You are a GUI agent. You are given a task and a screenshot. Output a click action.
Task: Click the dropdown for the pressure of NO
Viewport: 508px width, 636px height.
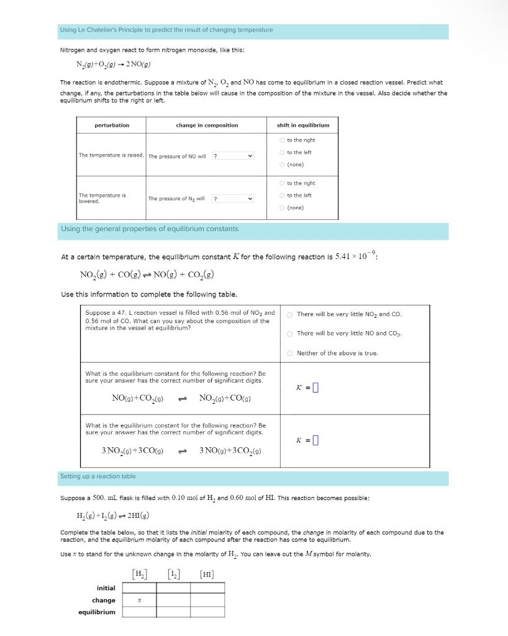click(x=233, y=155)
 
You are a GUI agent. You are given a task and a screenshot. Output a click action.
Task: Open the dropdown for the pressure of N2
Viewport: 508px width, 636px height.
click(x=233, y=199)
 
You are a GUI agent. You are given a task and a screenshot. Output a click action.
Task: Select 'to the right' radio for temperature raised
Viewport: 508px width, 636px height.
click(x=283, y=140)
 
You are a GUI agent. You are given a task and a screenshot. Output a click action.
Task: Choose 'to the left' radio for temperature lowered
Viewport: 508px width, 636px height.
click(x=283, y=196)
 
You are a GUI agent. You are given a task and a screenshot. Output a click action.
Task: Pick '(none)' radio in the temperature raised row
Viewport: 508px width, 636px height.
click(x=283, y=165)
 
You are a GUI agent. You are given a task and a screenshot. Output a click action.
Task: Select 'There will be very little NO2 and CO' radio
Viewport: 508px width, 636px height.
click(x=289, y=314)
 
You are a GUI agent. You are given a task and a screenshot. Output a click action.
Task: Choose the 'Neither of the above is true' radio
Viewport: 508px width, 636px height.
click(x=289, y=353)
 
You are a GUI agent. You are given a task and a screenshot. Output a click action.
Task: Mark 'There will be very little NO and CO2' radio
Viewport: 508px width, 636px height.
click(x=289, y=334)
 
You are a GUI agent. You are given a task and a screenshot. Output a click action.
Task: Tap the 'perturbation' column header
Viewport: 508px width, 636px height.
click(x=112, y=125)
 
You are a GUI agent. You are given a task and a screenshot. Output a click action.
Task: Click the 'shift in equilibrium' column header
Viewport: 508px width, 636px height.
click(x=303, y=125)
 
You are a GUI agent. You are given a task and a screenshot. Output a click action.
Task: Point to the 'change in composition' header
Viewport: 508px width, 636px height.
click(x=207, y=125)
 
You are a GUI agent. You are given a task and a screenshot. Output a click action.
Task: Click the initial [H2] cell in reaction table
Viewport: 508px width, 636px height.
click(x=139, y=588)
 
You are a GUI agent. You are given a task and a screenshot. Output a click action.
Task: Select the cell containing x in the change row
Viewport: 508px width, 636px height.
click(x=139, y=600)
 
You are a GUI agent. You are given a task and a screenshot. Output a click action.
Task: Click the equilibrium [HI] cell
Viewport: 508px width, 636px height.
click(x=207, y=612)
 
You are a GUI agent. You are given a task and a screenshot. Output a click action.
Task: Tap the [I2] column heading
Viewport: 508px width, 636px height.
click(x=173, y=573)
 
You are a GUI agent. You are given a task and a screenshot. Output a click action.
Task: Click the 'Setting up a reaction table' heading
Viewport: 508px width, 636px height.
click(x=98, y=476)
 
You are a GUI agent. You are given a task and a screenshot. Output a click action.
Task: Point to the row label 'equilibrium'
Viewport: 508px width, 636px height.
click(x=97, y=612)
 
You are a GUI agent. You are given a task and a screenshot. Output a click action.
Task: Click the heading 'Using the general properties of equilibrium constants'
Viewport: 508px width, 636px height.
click(x=149, y=229)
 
